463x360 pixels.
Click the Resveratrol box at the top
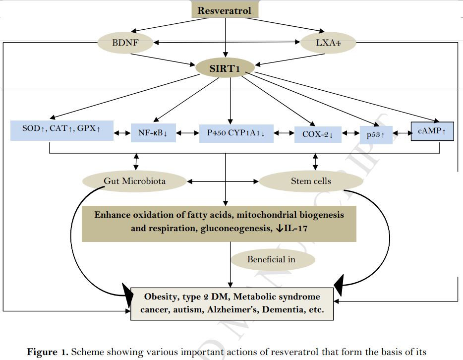pos(225,10)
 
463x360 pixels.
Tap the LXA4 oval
pos(328,43)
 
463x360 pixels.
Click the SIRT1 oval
pos(225,68)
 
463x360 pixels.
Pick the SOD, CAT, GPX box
pos(61,129)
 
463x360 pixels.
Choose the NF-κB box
pos(153,133)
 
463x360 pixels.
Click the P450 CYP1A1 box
pos(236,133)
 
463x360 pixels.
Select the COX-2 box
pos(318,133)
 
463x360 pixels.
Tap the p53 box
pos(376,134)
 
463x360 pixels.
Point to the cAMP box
pos(432,131)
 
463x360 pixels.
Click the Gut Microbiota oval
pos(134,181)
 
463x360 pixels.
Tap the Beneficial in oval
pos(274,259)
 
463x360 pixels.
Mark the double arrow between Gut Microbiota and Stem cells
pos(222,181)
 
